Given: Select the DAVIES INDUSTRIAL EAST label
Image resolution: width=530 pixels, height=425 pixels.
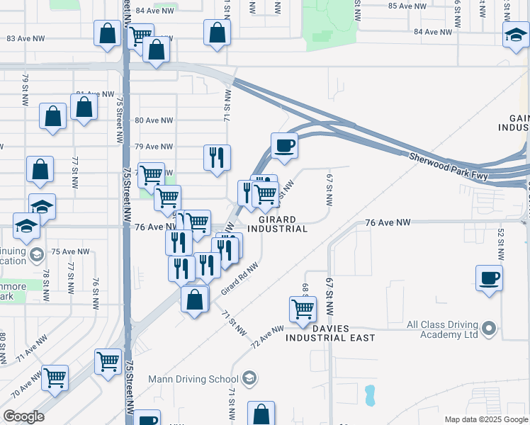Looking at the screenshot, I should pos(330,333).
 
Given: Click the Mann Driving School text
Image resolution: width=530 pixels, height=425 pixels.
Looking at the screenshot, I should pos(193,379).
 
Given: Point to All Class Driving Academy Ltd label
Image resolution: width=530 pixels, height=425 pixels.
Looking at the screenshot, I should pos(442,329).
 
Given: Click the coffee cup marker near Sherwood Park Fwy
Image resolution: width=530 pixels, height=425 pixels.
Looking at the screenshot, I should pos(284,145).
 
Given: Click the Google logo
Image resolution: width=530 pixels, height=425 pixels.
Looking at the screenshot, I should pos(23,416).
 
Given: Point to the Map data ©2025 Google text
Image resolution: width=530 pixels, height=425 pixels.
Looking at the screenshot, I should pos(486,419).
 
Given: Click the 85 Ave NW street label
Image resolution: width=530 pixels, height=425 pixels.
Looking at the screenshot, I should pos(408,6).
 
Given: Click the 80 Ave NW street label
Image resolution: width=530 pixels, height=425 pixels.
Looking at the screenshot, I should pos(154,120).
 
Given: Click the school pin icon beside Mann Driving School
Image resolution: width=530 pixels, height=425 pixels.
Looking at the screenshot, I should pos(249,379).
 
